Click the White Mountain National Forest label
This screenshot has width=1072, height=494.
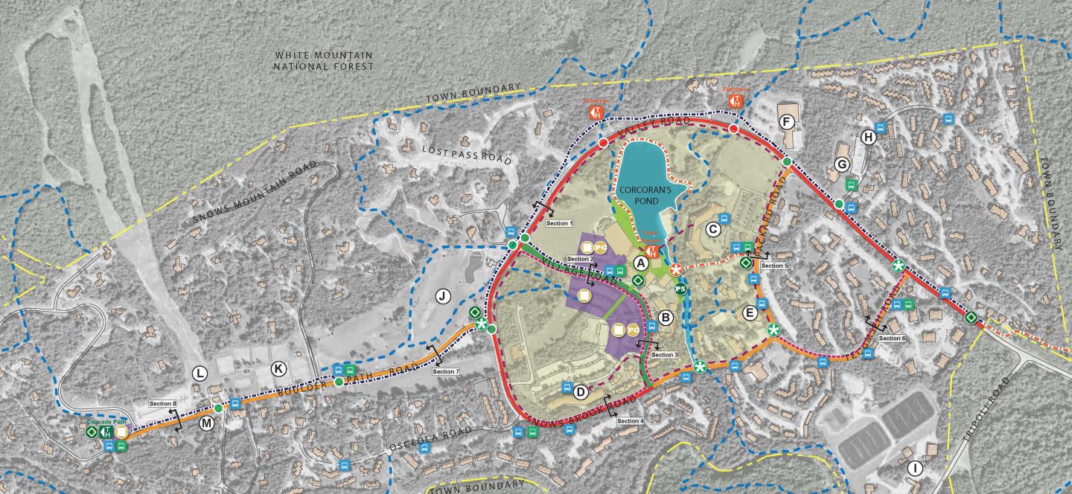[x=323, y=61]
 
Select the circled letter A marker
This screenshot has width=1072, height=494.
[x=639, y=263]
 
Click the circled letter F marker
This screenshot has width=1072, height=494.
[x=784, y=121]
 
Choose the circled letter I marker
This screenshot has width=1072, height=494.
[x=915, y=468]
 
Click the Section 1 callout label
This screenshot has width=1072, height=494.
[x=558, y=223]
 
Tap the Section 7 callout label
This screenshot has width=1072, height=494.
[x=445, y=371]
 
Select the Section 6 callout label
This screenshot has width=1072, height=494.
[x=892, y=338]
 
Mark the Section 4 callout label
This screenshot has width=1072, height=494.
[x=630, y=421]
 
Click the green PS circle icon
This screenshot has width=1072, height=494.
[x=680, y=289]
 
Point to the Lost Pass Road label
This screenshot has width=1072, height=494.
[x=467, y=154]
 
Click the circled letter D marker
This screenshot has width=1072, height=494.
[x=580, y=391]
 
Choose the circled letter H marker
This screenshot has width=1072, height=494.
[x=867, y=137]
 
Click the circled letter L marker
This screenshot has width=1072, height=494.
[x=200, y=373]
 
